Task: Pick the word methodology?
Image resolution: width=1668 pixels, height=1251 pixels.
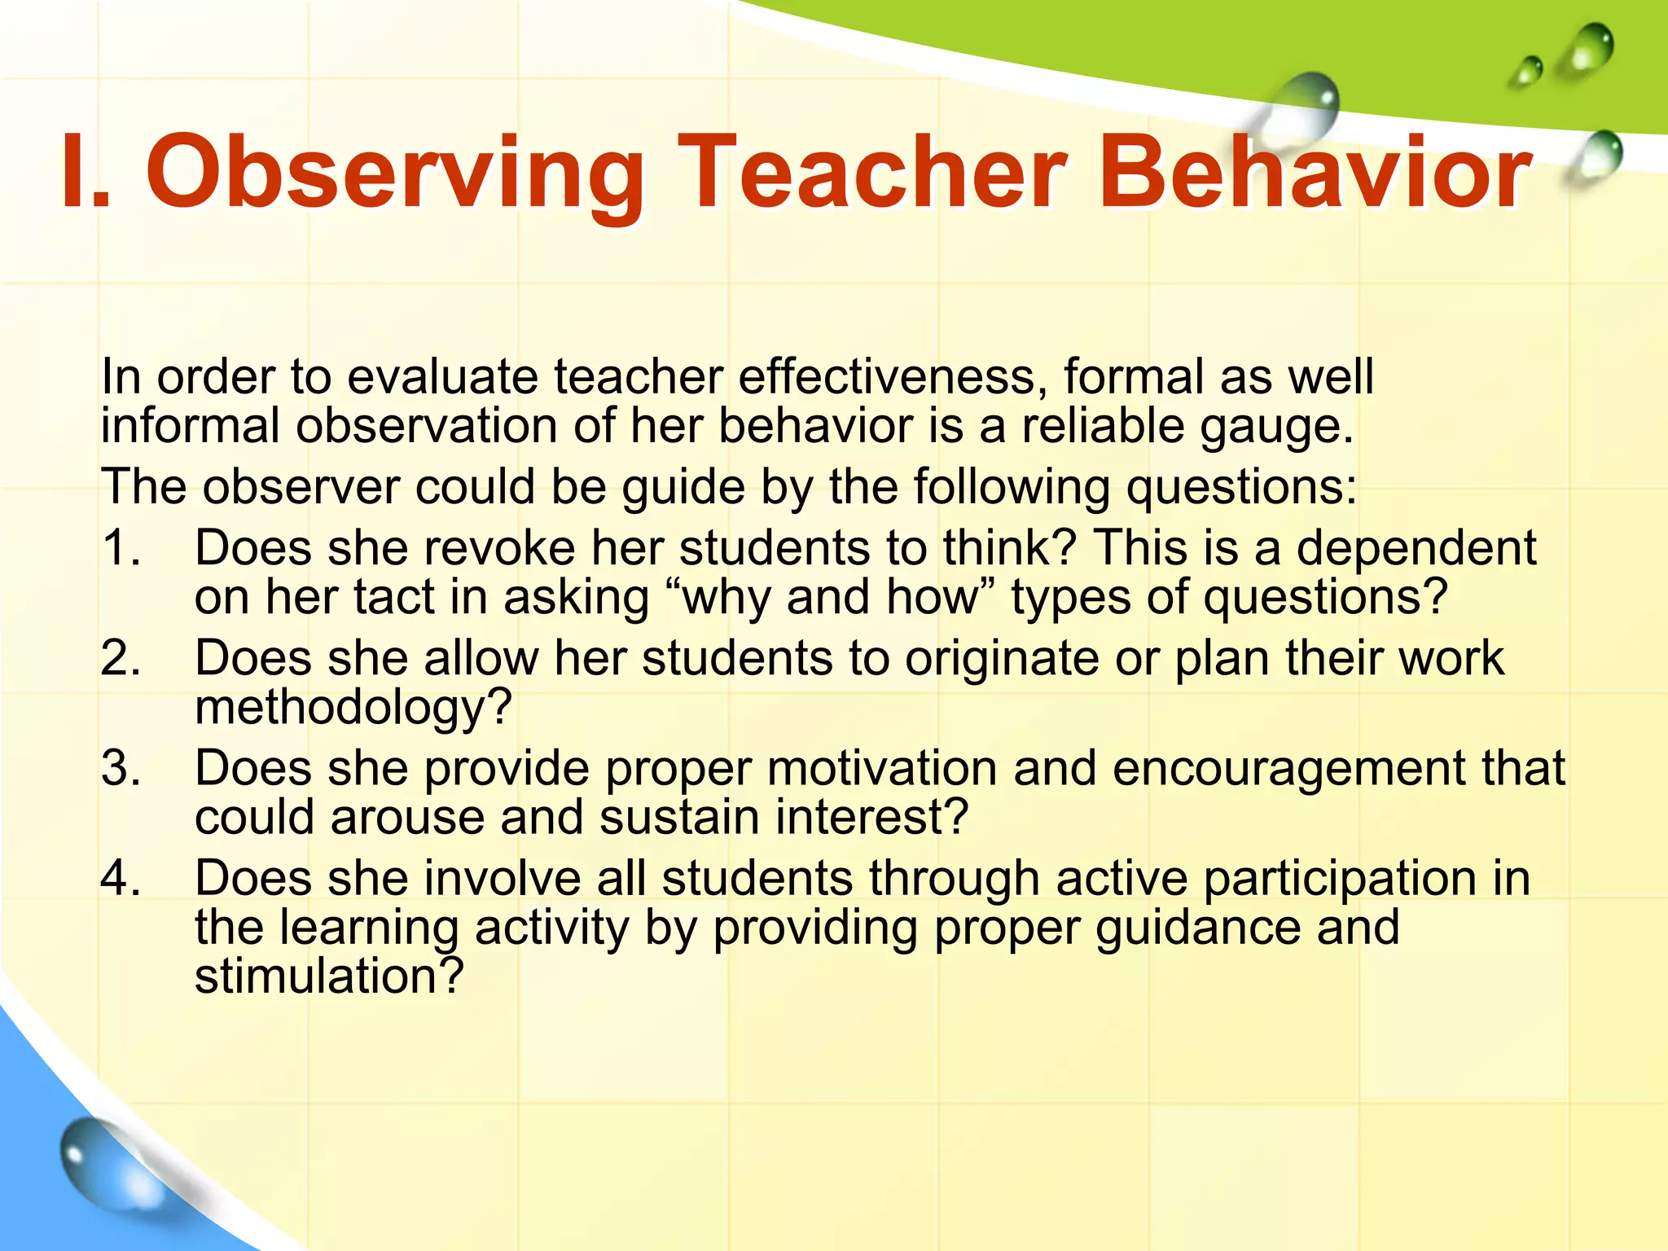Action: [353, 707]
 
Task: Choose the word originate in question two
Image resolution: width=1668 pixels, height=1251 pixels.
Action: [1002, 658]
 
